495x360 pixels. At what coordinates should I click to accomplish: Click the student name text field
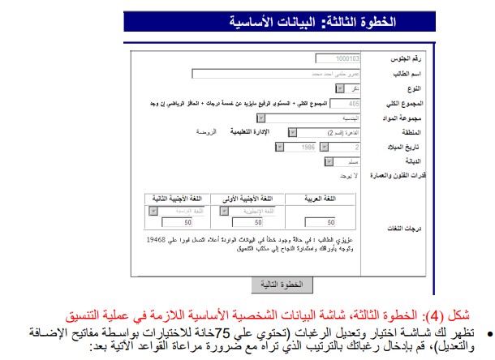point(276,73)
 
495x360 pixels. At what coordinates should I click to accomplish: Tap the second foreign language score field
point(178,221)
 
